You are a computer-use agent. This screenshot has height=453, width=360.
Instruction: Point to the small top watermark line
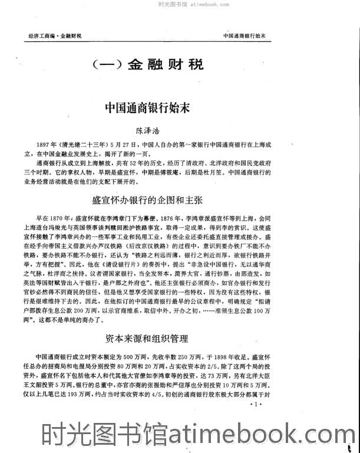(180, 4)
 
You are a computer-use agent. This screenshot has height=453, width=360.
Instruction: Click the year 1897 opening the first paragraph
(43, 145)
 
